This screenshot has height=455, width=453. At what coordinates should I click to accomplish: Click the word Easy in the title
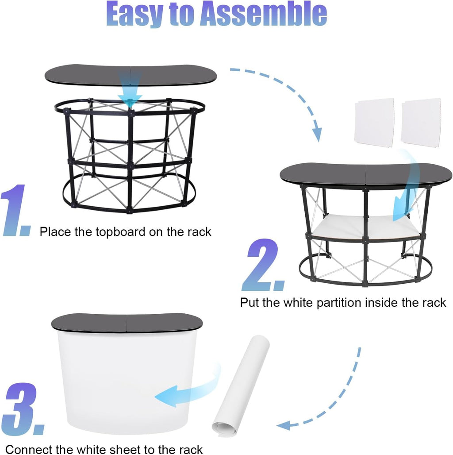pos(134,15)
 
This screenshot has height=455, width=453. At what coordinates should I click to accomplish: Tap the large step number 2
pos(262,265)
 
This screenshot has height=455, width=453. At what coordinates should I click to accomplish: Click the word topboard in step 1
pos(120,232)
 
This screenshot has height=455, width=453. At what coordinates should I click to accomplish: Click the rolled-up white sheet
pos(241,386)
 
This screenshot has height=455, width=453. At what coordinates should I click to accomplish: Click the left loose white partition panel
pos(374,123)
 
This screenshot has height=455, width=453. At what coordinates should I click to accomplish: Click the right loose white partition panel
pos(421,123)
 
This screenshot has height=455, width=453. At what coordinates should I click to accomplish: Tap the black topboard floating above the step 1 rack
pos(131,75)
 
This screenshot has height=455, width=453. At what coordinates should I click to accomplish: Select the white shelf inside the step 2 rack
pos(366,227)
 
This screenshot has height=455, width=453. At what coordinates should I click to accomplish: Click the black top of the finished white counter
pos(127,322)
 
